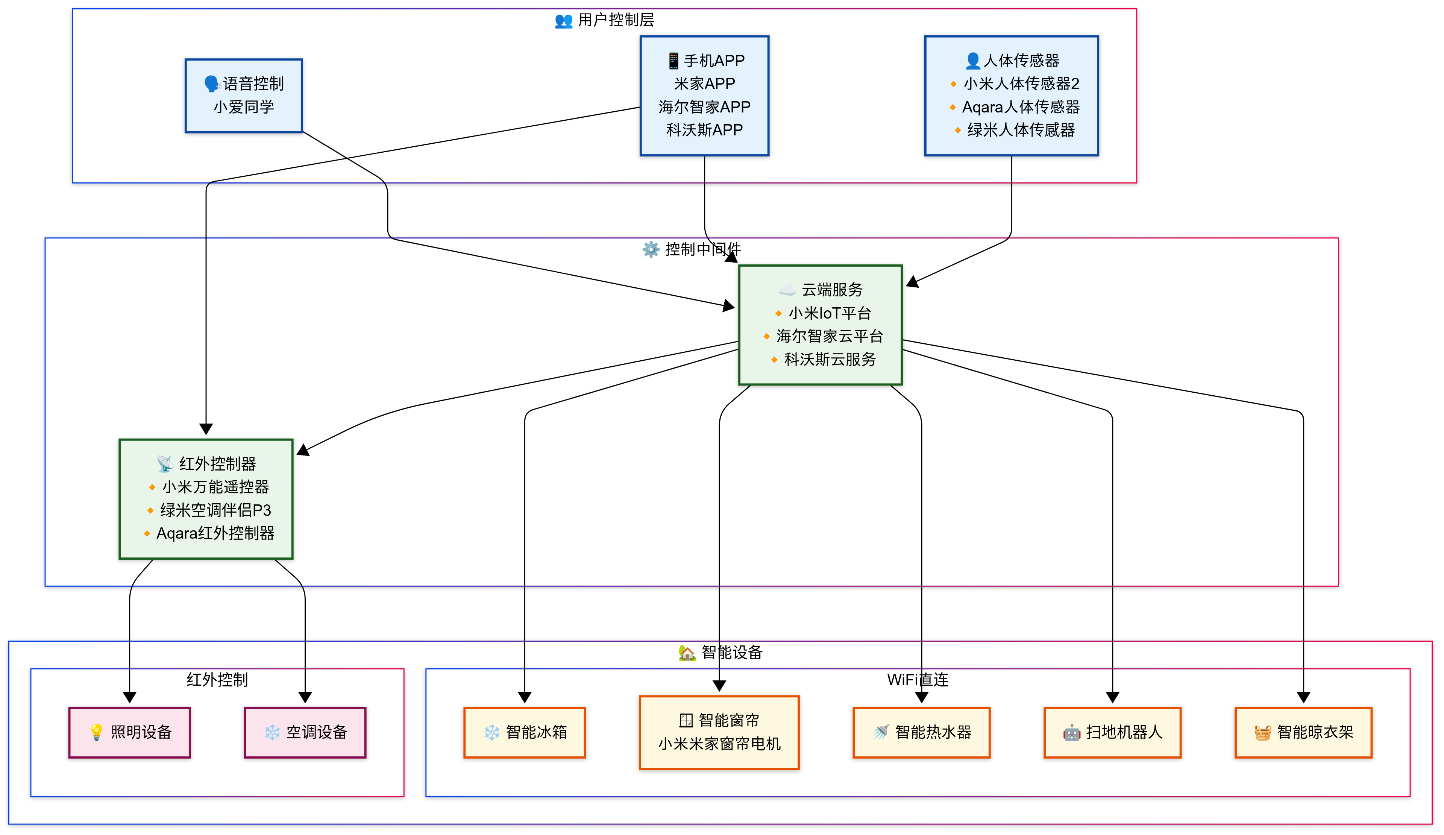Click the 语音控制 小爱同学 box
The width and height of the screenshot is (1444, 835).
click(x=244, y=96)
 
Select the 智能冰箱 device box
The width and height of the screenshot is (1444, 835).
click(x=524, y=732)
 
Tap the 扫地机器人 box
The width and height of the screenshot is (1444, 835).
click(x=1112, y=732)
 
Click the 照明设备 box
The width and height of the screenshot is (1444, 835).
click(x=129, y=732)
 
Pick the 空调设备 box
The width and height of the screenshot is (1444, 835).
click(x=305, y=732)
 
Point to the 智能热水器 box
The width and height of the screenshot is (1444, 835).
click(x=921, y=732)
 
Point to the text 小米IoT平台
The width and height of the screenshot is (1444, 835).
click(x=830, y=313)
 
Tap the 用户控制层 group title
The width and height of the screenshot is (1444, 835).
click(x=616, y=20)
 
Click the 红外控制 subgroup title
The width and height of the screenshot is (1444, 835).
click(x=217, y=680)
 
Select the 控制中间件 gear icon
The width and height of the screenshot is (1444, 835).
click(x=651, y=249)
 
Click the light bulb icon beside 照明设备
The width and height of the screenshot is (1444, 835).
click(x=96, y=732)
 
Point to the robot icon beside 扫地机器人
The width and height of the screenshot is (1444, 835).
click(x=1072, y=732)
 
